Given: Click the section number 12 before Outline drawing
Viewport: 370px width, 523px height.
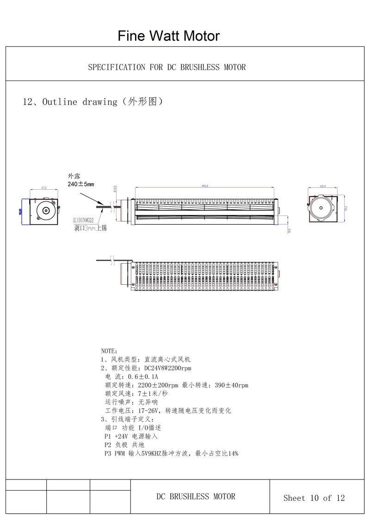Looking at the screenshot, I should coord(28,102).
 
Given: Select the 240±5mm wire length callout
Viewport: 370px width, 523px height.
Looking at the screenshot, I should coord(81,184).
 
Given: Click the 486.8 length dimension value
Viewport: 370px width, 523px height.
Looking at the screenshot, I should coord(205,186).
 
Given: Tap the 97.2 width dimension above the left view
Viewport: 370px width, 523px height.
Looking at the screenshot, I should coord(44,188).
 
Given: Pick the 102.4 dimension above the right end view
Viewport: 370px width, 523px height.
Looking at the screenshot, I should coord(323,186).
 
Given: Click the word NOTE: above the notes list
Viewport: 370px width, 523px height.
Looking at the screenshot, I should coord(109,351).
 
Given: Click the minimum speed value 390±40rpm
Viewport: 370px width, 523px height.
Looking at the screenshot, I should coord(232,385).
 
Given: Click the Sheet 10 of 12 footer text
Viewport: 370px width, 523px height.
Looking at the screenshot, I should coord(314,498).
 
